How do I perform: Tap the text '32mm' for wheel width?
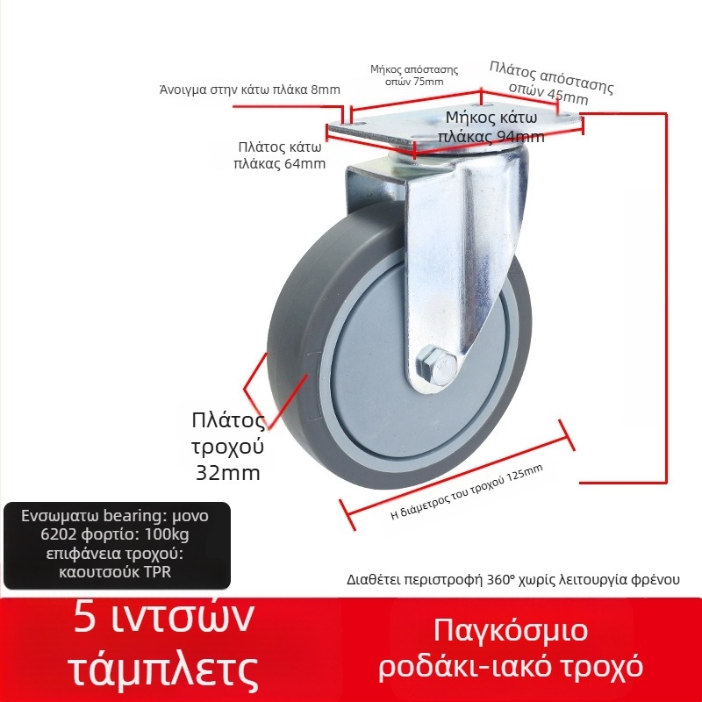tap(227, 473)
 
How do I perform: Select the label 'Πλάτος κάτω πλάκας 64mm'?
tap(280, 155)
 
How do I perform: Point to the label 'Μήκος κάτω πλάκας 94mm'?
tap(495, 126)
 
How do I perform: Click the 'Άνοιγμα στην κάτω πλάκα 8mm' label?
tap(249, 90)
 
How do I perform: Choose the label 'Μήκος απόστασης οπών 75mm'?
tap(415, 75)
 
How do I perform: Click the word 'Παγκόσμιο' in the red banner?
tap(511, 630)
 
